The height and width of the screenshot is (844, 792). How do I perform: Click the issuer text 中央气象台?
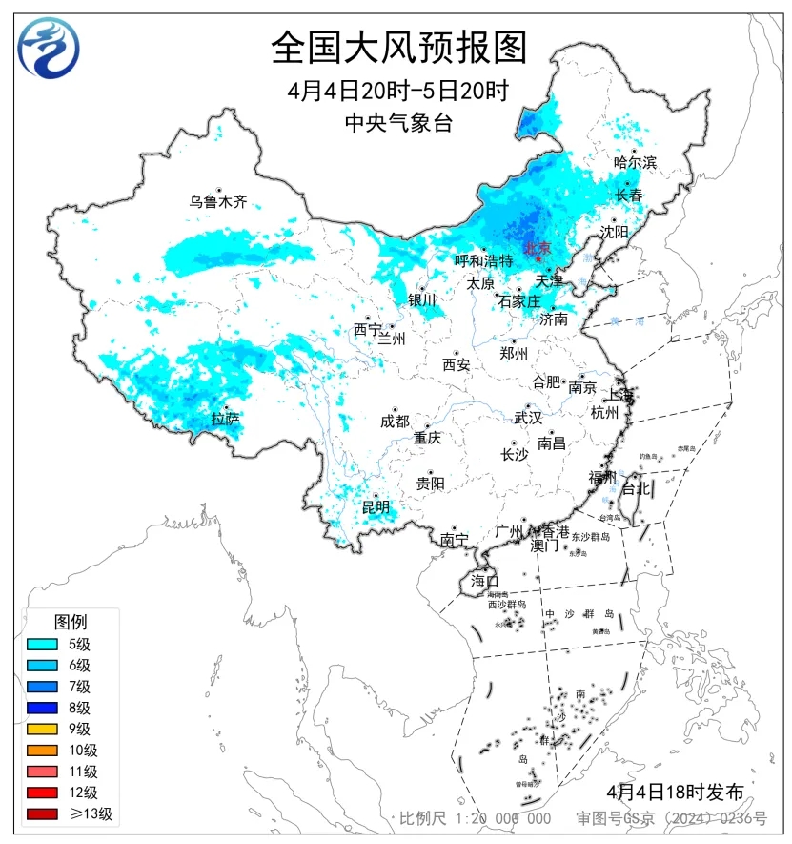point(398,122)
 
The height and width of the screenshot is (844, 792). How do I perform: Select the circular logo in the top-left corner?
point(49,47)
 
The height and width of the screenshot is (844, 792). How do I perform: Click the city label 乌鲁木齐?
point(217,201)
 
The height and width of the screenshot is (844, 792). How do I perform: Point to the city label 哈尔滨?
point(635,162)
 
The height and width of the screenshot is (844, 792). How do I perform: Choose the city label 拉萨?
point(225,418)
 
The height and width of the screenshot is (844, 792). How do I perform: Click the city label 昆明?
point(376,505)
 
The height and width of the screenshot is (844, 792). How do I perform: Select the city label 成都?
point(395,421)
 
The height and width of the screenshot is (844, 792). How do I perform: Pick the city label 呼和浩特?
point(483,260)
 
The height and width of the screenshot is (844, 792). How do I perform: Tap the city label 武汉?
point(527,418)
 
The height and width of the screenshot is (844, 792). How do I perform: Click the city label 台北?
point(636,488)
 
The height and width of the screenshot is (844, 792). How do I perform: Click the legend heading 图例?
point(70,622)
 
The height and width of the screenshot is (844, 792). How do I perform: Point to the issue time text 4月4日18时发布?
point(675,792)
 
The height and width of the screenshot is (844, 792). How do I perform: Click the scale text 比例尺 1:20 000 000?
point(475,818)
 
